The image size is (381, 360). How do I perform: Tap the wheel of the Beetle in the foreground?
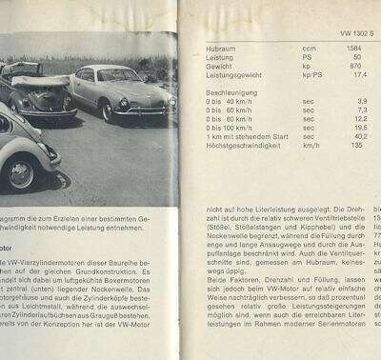pyautogui.click(x=20, y=172)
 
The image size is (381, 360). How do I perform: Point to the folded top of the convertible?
pyautogui.click(x=38, y=82)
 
